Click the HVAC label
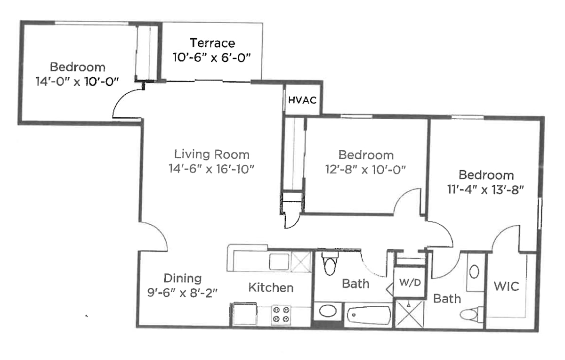pos(302,100)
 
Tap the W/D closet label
pos(410,283)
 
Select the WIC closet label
pos(507,286)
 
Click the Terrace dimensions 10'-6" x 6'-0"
pos(212,57)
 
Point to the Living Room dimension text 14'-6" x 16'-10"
pos(211,169)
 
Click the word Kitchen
pos(271,287)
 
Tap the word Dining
pos(183,278)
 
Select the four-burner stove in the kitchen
pos(281,315)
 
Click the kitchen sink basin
pos(279,262)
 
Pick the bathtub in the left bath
pos(369,315)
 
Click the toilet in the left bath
pos(330,263)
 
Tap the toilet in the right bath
pos(471,315)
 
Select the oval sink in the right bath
pos(474,271)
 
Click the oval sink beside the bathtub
pos(328,311)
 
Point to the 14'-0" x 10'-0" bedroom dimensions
pos(77,82)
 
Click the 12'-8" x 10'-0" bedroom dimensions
pos(365,169)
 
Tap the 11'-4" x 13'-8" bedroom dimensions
pos(485,189)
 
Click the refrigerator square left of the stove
pos(244,313)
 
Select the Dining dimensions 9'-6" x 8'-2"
pos(182,293)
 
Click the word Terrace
pos(212,43)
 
